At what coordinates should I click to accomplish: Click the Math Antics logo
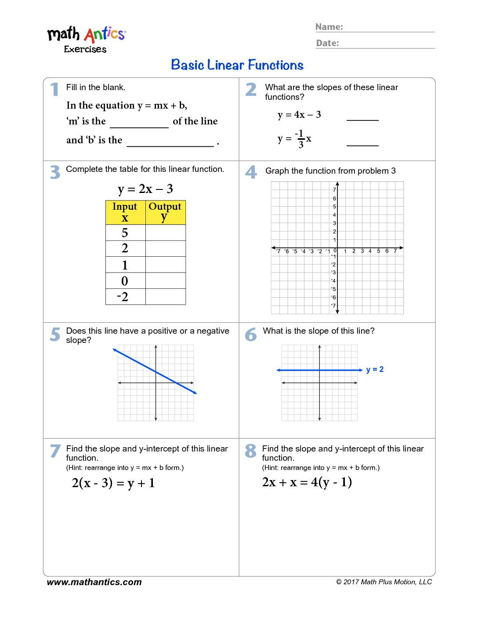click(86, 39)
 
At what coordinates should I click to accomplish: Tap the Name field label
click(329, 27)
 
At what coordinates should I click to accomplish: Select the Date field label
click(328, 43)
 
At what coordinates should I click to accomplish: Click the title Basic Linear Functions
click(237, 65)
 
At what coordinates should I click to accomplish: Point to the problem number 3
click(55, 172)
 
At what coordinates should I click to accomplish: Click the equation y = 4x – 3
click(299, 115)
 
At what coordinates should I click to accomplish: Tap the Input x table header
click(125, 212)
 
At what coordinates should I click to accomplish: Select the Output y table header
click(165, 212)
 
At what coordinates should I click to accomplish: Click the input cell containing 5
click(125, 233)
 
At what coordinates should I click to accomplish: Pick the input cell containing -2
click(123, 297)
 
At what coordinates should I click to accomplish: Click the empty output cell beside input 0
click(165, 281)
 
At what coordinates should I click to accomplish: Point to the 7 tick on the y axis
click(334, 190)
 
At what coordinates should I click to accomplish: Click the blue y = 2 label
click(375, 369)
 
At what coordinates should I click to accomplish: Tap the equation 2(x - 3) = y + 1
click(113, 483)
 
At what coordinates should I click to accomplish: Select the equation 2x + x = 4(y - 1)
click(307, 482)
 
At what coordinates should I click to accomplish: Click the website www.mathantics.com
click(94, 582)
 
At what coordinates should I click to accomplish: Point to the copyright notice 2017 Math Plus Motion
click(384, 582)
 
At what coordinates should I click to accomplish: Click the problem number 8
click(250, 451)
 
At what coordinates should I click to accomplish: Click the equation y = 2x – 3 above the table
click(145, 189)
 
